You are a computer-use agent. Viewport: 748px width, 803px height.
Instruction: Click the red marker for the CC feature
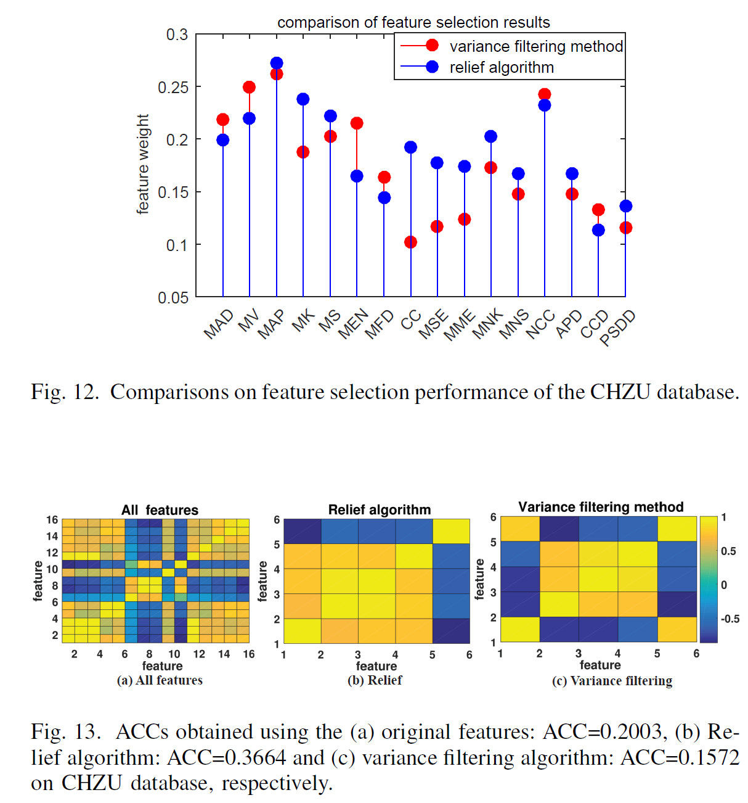coord(410,242)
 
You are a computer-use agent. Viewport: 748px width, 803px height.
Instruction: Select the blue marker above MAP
coord(277,63)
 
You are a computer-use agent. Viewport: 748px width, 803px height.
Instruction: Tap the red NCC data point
coord(545,94)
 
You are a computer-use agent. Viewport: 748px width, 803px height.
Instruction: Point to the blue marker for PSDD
coord(626,206)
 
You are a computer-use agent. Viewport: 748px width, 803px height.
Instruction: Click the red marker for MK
coord(303,152)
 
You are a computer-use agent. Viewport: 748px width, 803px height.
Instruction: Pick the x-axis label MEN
coord(353,324)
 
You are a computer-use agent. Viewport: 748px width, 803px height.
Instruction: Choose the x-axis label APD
coord(569,323)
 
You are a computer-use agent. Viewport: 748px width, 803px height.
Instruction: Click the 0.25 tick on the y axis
coord(173,88)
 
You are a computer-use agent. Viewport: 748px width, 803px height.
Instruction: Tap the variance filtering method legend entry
coord(512,46)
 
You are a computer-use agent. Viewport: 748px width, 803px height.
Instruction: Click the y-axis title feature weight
coord(143,164)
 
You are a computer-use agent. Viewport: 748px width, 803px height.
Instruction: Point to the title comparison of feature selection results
coord(413,22)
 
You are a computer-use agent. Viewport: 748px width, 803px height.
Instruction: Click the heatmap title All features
coord(160,510)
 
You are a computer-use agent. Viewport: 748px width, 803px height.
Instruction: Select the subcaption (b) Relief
coord(375,680)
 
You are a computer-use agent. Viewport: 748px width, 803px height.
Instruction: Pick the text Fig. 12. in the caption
coord(65,392)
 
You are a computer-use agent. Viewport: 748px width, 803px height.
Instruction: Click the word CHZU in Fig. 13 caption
coord(91,783)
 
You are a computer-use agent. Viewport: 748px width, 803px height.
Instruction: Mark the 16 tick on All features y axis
coord(52,519)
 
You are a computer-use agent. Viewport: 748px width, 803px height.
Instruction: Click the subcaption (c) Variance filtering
coord(612,681)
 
